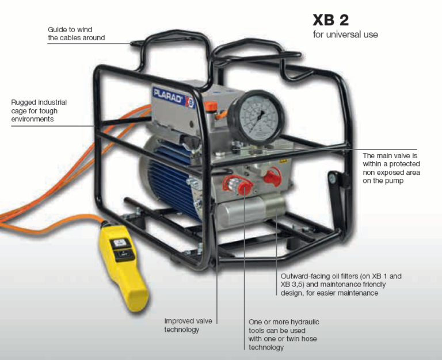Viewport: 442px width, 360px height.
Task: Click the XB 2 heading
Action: coord(330,20)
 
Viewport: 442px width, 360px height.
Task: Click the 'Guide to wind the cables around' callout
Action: coord(77,33)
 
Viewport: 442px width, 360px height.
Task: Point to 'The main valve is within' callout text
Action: coord(391,168)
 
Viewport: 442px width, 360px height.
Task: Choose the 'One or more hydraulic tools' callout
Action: coord(284,335)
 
